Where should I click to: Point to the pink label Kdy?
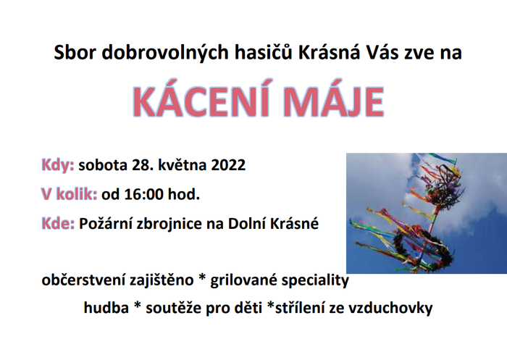pyautogui.click(x=58, y=165)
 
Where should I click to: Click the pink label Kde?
pyautogui.click(x=58, y=224)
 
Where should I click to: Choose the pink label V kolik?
pyautogui.click(x=70, y=194)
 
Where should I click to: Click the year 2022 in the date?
pyautogui.click(x=228, y=165)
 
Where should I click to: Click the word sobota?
pyautogui.click(x=103, y=165)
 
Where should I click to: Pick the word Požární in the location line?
pyautogui.click(x=106, y=224)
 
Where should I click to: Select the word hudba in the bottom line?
pyautogui.click(x=106, y=307)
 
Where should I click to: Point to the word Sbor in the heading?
pyautogui.click(x=75, y=52)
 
